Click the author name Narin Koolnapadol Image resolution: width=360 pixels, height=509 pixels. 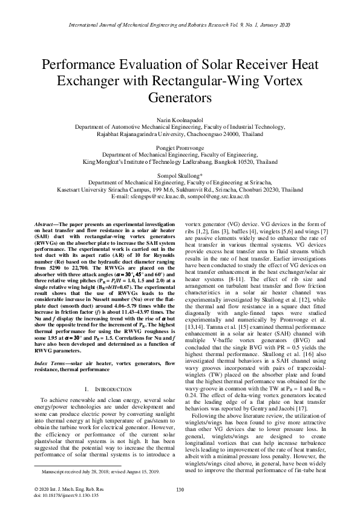(x=180, y=120)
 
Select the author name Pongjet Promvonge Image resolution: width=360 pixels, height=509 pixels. (x=180, y=148)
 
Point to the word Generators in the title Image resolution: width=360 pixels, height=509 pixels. (x=180, y=97)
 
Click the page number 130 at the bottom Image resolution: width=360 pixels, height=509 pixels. (x=180, y=489)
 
